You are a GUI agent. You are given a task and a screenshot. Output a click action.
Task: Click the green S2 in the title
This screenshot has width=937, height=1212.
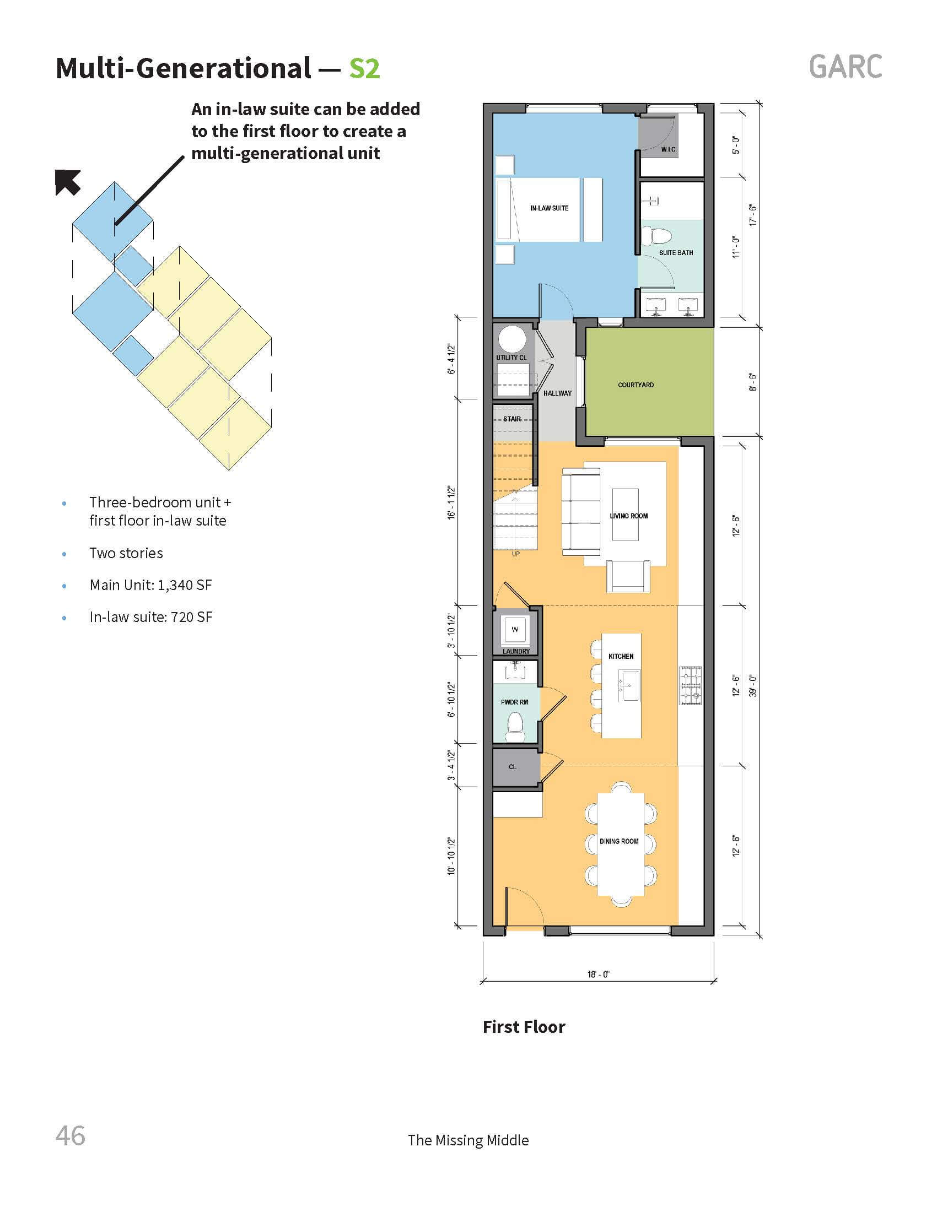click(364, 68)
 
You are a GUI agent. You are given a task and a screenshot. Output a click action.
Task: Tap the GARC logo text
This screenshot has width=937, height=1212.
click(845, 67)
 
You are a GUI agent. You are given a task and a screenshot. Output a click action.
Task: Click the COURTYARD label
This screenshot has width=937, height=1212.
click(636, 385)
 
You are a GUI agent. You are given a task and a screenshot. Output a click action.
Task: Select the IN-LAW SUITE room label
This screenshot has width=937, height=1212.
click(549, 208)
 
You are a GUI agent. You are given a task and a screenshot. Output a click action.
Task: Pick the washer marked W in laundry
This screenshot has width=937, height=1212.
click(515, 629)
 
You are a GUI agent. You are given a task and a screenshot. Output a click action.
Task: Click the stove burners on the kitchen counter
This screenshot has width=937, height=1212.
click(691, 685)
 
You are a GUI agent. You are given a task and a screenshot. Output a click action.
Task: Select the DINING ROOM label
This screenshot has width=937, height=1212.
click(619, 841)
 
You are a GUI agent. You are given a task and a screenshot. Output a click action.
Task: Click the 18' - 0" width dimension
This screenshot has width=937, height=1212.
click(599, 974)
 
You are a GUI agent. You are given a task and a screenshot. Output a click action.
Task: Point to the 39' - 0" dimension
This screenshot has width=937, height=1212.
click(753, 685)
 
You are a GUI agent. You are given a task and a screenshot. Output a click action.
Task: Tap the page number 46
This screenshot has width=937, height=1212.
click(71, 1135)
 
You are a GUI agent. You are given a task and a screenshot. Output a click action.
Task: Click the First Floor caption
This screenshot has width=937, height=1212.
click(524, 1027)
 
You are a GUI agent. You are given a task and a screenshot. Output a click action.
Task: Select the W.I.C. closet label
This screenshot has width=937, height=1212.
click(668, 149)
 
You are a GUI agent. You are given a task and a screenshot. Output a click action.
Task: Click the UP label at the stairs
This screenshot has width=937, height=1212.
click(516, 554)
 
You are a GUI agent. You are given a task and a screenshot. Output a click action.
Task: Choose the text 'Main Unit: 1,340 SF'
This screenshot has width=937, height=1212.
click(150, 585)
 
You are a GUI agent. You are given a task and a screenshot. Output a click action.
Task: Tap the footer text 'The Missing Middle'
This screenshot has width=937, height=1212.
click(468, 1140)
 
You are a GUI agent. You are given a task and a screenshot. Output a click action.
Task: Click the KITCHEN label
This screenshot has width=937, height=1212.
click(621, 656)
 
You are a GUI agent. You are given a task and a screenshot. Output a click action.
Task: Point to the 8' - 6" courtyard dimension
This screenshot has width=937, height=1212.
click(753, 382)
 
